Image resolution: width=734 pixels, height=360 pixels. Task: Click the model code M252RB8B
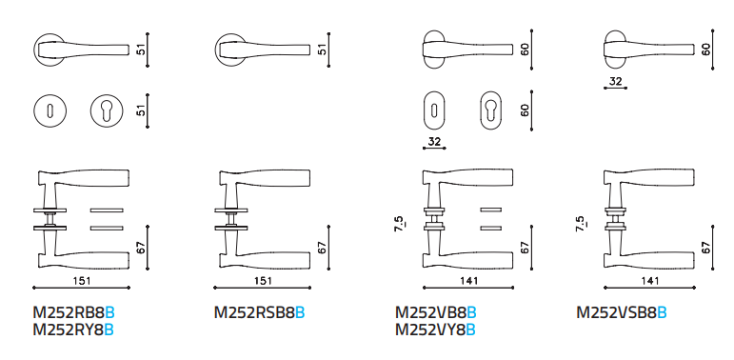point(73,311)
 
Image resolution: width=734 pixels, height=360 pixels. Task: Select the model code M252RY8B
point(73,330)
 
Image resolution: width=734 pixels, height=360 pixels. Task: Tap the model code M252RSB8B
point(259,311)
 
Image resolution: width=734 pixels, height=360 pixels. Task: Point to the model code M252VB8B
point(436,311)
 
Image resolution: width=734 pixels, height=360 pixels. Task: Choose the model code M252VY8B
point(436,330)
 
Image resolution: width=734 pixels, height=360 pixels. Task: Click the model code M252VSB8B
point(622,311)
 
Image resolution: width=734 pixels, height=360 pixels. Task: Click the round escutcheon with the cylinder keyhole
point(107,110)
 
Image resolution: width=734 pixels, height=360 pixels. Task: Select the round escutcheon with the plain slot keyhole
point(50,110)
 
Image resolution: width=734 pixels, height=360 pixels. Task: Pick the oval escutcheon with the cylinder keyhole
point(490,110)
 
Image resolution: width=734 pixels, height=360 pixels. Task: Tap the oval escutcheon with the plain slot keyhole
point(434,110)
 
